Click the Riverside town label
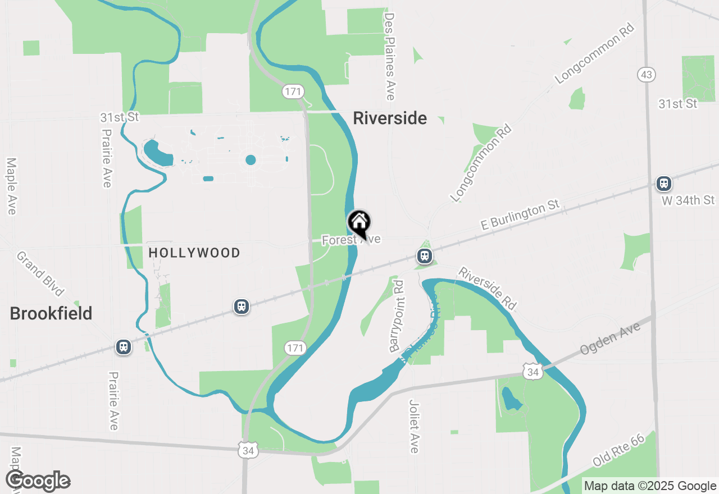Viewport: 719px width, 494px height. point(390,118)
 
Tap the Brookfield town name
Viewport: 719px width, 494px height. point(51,314)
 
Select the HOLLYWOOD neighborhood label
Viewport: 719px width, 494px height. point(194,253)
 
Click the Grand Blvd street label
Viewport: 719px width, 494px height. point(40,273)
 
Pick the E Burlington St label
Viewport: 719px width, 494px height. point(521,216)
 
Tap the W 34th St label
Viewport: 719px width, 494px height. point(688,200)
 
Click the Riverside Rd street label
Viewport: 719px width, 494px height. point(487,289)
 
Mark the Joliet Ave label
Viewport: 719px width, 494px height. point(415,426)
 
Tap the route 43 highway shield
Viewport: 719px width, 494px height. point(647,75)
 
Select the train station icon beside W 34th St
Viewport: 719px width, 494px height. point(664,183)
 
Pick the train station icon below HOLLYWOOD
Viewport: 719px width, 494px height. point(242,307)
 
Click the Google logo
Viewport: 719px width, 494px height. point(38,481)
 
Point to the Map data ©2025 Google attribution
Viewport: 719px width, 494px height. point(650,486)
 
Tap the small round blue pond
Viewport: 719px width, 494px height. point(251,160)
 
